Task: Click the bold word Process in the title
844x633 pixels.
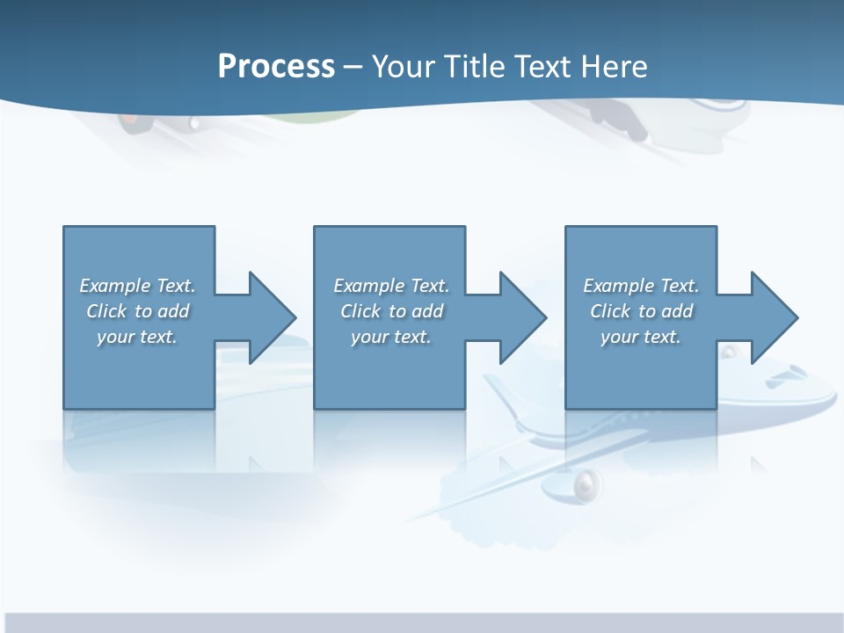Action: [276, 67]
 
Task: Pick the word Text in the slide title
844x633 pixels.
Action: [544, 67]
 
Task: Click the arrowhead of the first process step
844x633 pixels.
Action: [273, 317]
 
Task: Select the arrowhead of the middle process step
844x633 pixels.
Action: [523, 317]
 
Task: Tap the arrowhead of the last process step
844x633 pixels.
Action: [774, 317]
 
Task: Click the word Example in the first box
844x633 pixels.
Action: [115, 286]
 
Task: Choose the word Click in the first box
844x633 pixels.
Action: [106, 311]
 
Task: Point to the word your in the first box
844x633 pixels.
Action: [115, 337]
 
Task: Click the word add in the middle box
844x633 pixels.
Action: [427, 311]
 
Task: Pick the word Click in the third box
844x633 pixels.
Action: [610, 311]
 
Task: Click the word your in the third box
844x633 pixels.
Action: [619, 337]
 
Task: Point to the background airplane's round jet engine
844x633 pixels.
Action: [585, 484]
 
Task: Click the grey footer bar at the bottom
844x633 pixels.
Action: [422, 622]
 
